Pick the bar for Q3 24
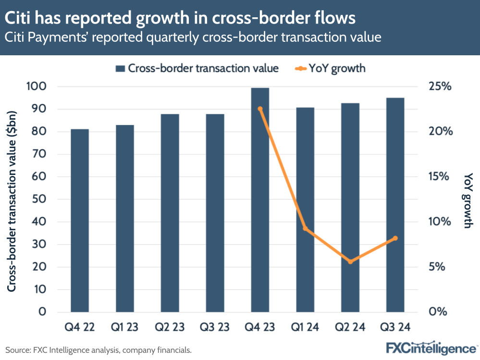point(395,204)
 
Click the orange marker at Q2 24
point(350,261)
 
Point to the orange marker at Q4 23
point(260,109)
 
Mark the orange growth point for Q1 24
point(305,228)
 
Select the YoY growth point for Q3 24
point(395,238)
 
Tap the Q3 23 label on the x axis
point(215,327)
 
